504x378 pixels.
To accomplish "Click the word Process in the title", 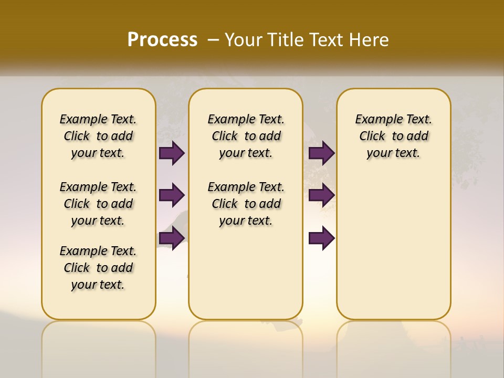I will pyautogui.click(x=162, y=40).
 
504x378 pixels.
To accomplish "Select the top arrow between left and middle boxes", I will pyautogui.click(x=172, y=153).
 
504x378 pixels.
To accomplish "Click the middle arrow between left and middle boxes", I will pyautogui.click(x=172, y=196).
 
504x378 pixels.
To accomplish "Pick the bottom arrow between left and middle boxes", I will pyautogui.click(x=172, y=238).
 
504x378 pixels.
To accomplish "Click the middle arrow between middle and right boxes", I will pyautogui.click(x=321, y=196).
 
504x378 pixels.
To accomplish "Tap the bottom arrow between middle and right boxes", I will pyautogui.click(x=321, y=238).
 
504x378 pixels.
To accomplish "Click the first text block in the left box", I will pyautogui.click(x=98, y=136).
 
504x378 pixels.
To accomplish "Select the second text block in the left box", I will pyautogui.click(x=98, y=204).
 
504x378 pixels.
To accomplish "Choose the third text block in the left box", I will pyautogui.click(x=98, y=268).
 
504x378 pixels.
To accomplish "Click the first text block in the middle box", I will pyautogui.click(x=246, y=136).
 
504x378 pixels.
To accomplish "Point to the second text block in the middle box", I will pyautogui.click(x=246, y=204).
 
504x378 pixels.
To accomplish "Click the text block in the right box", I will pyautogui.click(x=393, y=136).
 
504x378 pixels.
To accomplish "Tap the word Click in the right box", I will pyautogui.click(x=372, y=136).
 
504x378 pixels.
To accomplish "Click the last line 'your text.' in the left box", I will pyautogui.click(x=98, y=285).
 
